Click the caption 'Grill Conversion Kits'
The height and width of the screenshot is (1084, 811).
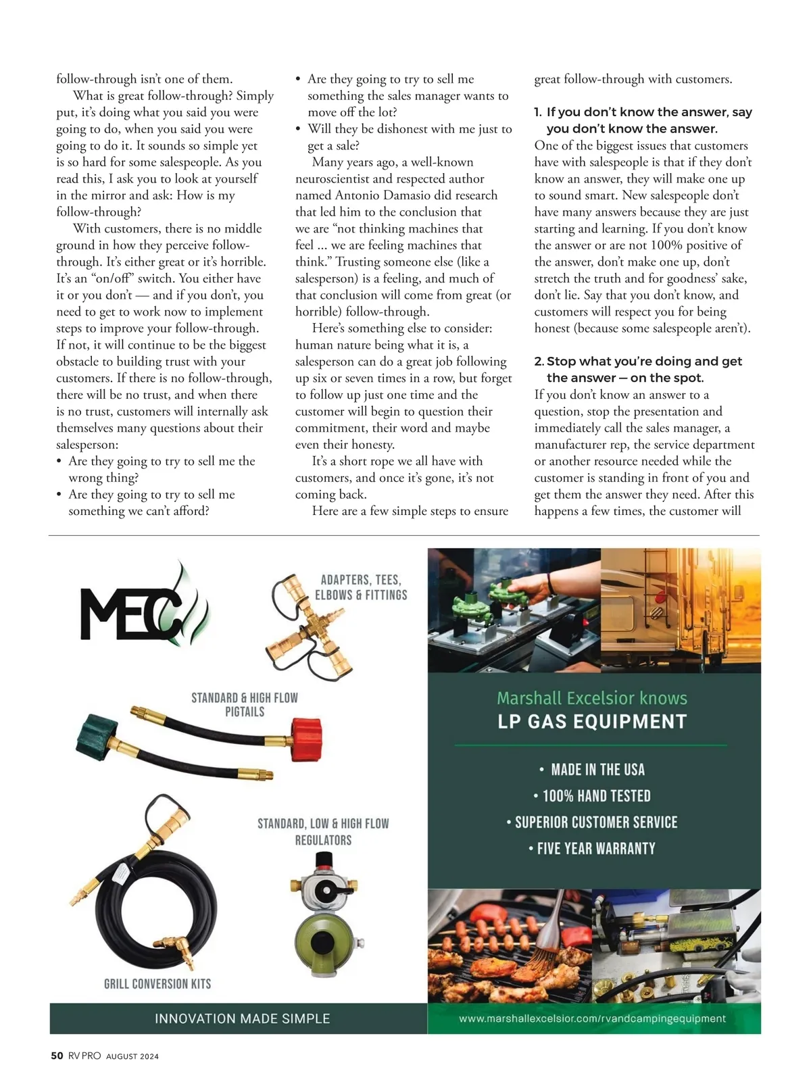(x=157, y=984)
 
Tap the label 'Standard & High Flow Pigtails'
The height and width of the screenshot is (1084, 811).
(x=245, y=704)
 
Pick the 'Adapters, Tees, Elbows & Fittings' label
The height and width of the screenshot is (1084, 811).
(x=361, y=587)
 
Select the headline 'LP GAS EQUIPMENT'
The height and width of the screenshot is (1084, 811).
(x=592, y=722)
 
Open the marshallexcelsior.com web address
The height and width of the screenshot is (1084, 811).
(x=592, y=1018)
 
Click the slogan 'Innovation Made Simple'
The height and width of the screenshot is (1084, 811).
(x=242, y=1018)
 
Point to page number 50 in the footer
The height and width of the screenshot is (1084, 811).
(x=57, y=1056)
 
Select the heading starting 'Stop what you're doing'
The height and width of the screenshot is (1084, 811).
(x=644, y=362)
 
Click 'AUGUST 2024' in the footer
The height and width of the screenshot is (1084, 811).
(x=132, y=1056)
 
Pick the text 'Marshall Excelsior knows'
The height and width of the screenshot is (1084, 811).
(x=592, y=698)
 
